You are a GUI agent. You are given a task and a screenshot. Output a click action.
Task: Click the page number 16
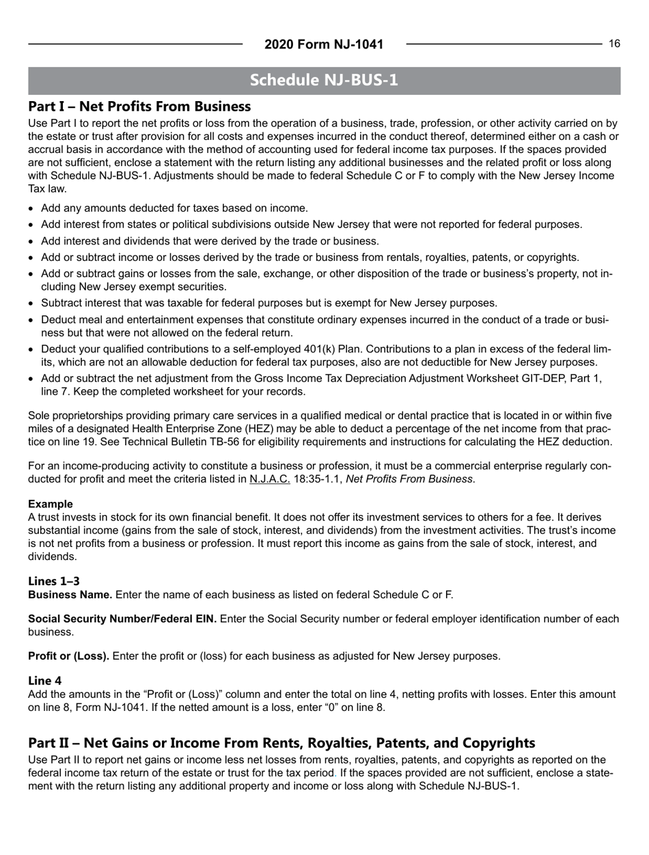614,44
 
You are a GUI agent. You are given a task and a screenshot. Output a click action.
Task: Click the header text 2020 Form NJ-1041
324,44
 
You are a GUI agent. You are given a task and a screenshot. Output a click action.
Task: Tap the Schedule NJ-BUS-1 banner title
324,80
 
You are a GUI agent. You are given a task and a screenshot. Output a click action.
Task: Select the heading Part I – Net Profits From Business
139,107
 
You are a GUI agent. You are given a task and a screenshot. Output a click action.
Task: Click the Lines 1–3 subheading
54,581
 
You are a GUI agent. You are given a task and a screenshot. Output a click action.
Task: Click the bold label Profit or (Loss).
68,656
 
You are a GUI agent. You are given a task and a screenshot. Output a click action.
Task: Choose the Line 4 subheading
44,680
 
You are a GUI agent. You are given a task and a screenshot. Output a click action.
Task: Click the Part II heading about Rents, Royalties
281,742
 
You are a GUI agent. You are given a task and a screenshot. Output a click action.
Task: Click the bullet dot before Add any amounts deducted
31,208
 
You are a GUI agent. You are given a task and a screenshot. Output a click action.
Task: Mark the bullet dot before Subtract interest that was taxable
31,303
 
